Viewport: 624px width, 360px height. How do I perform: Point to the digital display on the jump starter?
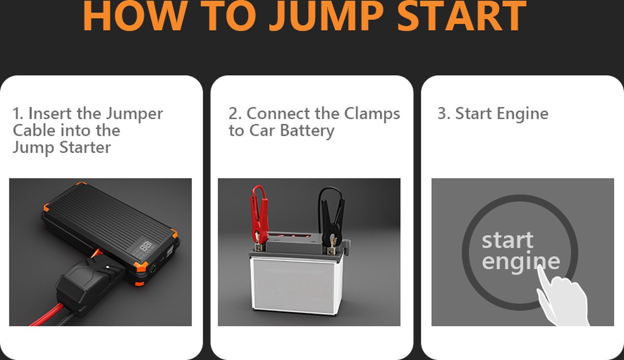pos(146,247)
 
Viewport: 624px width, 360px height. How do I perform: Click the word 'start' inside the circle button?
pos(508,240)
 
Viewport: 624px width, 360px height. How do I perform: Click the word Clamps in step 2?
pos(372,114)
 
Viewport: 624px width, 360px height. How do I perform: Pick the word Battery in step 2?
pos(307,131)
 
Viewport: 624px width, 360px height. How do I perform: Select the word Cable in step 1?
pos(34,130)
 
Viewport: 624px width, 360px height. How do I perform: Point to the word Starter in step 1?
pos(85,147)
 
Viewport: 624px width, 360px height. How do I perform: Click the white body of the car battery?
pos(296,286)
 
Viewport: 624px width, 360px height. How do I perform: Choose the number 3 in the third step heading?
pos(442,114)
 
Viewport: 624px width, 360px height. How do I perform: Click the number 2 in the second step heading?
pos(233,114)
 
